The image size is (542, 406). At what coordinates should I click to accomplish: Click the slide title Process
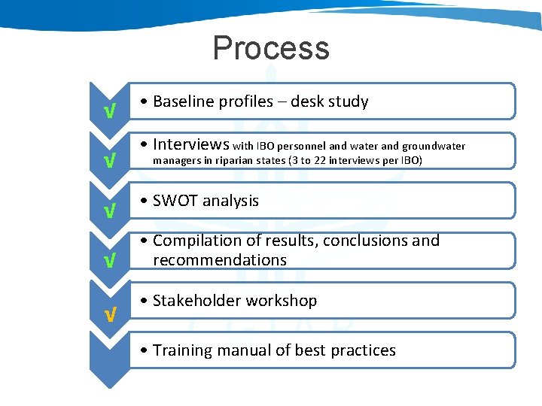click(271, 48)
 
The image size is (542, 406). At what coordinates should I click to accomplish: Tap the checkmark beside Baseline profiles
click(110, 112)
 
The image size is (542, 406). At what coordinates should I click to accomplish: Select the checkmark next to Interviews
click(110, 161)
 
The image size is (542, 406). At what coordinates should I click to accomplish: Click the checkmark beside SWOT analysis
click(110, 211)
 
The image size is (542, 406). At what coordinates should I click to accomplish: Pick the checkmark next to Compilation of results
click(110, 261)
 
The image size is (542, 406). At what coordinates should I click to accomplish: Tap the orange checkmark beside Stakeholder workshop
click(110, 314)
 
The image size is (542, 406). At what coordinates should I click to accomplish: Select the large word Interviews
click(191, 144)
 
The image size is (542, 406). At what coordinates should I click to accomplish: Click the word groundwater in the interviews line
click(434, 147)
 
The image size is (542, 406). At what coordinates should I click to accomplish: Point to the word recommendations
click(220, 260)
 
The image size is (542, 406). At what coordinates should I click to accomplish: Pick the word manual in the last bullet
click(240, 350)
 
